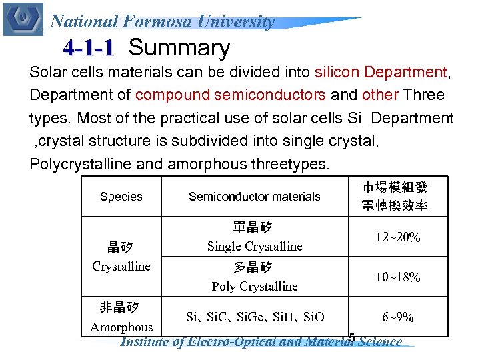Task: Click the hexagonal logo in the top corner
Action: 23,19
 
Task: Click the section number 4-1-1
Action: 88,49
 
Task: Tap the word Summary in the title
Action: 179,48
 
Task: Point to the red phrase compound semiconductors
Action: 230,95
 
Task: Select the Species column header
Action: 121,197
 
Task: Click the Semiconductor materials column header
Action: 254,197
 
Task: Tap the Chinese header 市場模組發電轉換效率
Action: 395,197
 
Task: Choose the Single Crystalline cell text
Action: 255,246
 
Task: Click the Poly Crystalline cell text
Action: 255,287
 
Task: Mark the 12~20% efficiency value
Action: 397,237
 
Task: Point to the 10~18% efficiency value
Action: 397,277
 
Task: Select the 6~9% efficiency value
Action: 397,317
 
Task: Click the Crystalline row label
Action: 121,266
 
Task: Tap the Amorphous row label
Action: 121,327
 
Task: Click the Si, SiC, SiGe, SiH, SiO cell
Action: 255,317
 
